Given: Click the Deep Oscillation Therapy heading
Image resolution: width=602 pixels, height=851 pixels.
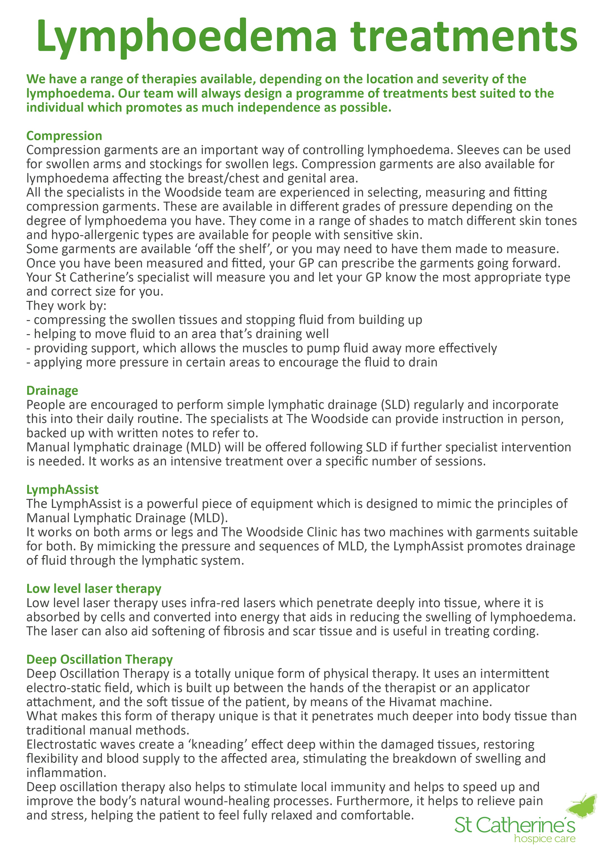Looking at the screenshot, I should tap(99, 659).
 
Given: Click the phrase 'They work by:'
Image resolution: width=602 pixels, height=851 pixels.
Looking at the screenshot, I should tap(66, 306).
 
